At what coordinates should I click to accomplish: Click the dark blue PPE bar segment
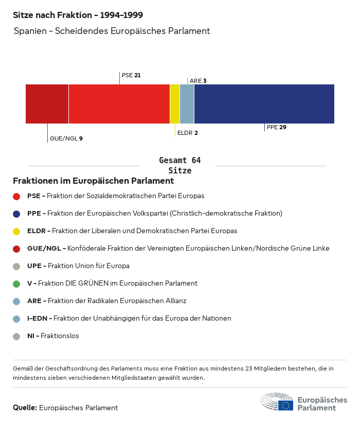[264, 104]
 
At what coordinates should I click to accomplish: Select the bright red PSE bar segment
[119, 104]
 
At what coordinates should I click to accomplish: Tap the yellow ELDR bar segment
[175, 104]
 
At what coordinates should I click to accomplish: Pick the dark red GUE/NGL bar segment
[47, 104]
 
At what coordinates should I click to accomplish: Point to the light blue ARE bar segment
[187, 104]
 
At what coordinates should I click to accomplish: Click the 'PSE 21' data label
[131, 75]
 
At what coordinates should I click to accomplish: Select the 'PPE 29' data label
[277, 127]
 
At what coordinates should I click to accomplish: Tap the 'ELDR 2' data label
[187, 133]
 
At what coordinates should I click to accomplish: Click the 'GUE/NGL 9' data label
[66, 138]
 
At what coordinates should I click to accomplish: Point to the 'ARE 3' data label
[198, 81]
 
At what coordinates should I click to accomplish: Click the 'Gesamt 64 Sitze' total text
[180, 166]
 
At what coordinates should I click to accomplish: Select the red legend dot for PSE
[16, 196]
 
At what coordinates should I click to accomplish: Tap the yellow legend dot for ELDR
[16, 231]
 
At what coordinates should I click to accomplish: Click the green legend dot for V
[16, 284]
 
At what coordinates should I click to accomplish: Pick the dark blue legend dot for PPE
[16, 214]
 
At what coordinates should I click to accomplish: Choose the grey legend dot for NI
[16, 336]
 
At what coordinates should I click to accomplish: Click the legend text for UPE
[78, 266]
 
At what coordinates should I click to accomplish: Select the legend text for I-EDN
[129, 319]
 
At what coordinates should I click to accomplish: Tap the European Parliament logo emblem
[278, 401]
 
